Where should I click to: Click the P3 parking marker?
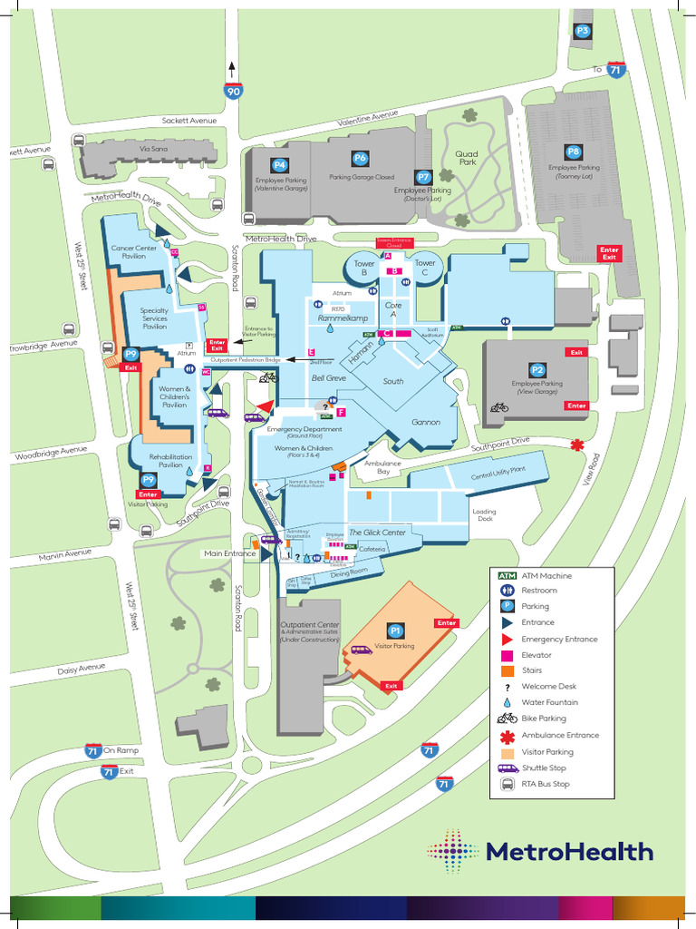click(x=583, y=31)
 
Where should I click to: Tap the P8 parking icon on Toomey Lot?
click(x=573, y=152)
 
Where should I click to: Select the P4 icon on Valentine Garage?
click(x=280, y=165)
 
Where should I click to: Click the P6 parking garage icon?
click(x=361, y=159)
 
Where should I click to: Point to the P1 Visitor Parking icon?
click(x=395, y=630)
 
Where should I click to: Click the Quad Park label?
click(x=467, y=158)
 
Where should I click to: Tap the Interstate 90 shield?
click(x=233, y=91)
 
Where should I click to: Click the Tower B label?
click(x=363, y=268)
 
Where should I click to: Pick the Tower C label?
click(x=425, y=268)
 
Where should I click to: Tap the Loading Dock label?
click(x=484, y=514)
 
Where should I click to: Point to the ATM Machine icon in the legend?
click(x=507, y=575)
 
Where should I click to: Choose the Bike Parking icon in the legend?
click(x=507, y=719)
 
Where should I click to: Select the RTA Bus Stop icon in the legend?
click(x=507, y=784)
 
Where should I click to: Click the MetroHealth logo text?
click(x=569, y=851)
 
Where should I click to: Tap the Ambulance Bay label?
click(x=382, y=467)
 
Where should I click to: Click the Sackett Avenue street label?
click(x=189, y=121)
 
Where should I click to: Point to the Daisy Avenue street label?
click(x=82, y=669)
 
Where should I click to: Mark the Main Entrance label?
click(x=229, y=553)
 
